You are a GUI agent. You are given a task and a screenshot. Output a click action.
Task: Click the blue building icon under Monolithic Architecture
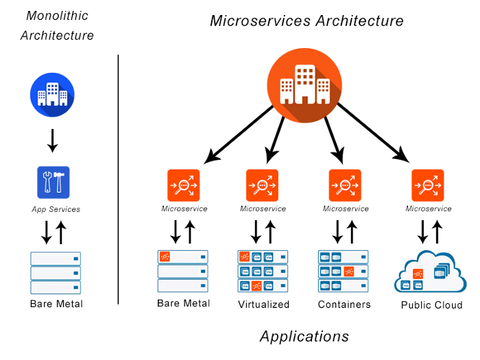pyautogui.click(x=52, y=94)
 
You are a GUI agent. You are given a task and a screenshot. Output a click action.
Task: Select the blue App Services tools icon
pyautogui.click(x=53, y=182)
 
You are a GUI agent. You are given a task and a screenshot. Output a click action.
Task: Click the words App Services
pyautogui.click(x=56, y=209)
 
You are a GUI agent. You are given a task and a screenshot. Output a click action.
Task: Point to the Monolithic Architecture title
pyautogui.click(x=57, y=25)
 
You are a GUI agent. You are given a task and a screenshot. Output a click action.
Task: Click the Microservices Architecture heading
pyautogui.click(x=307, y=21)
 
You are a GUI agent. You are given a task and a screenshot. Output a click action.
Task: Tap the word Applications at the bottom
pyautogui.click(x=304, y=336)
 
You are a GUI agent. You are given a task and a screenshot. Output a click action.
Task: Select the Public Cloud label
pyautogui.click(x=431, y=305)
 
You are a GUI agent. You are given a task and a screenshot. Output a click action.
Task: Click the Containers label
pyautogui.click(x=344, y=304)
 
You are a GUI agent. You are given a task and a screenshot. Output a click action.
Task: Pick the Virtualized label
pyautogui.click(x=264, y=304)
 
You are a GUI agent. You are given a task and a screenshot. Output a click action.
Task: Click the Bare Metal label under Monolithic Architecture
pyautogui.click(x=56, y=303)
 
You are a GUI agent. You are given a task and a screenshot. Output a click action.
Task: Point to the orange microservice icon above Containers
pyautogui.click(x=344, y=185)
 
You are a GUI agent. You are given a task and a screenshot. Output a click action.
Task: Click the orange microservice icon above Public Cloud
pyautogui.click(x=428, y=185)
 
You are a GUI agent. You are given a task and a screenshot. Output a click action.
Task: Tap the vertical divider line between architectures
pyautogui.click(x=119, y=178)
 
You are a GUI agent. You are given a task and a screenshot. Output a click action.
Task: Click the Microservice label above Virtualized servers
pyautogui.click(x=263, y=208)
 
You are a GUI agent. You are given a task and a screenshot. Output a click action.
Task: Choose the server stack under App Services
pyautogui.click(x=56, y=272)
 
